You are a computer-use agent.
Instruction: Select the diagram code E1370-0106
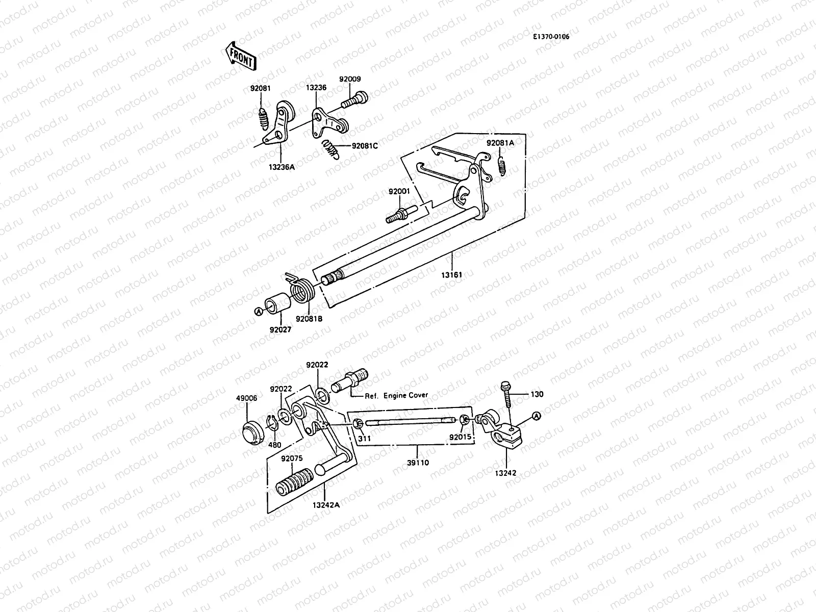tap(551, 37)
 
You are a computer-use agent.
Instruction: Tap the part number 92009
tap(350, 79)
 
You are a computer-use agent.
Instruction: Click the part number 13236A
tap(282, 166)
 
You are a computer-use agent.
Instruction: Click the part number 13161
tap(452, 275)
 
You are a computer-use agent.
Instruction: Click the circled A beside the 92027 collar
tap(259, 311)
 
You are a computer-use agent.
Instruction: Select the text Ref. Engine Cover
tap(396, 395)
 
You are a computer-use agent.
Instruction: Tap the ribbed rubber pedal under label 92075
tap(295, 481)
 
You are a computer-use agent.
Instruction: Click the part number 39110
tap(419, 463)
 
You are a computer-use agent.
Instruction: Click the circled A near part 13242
tap(535, 416)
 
